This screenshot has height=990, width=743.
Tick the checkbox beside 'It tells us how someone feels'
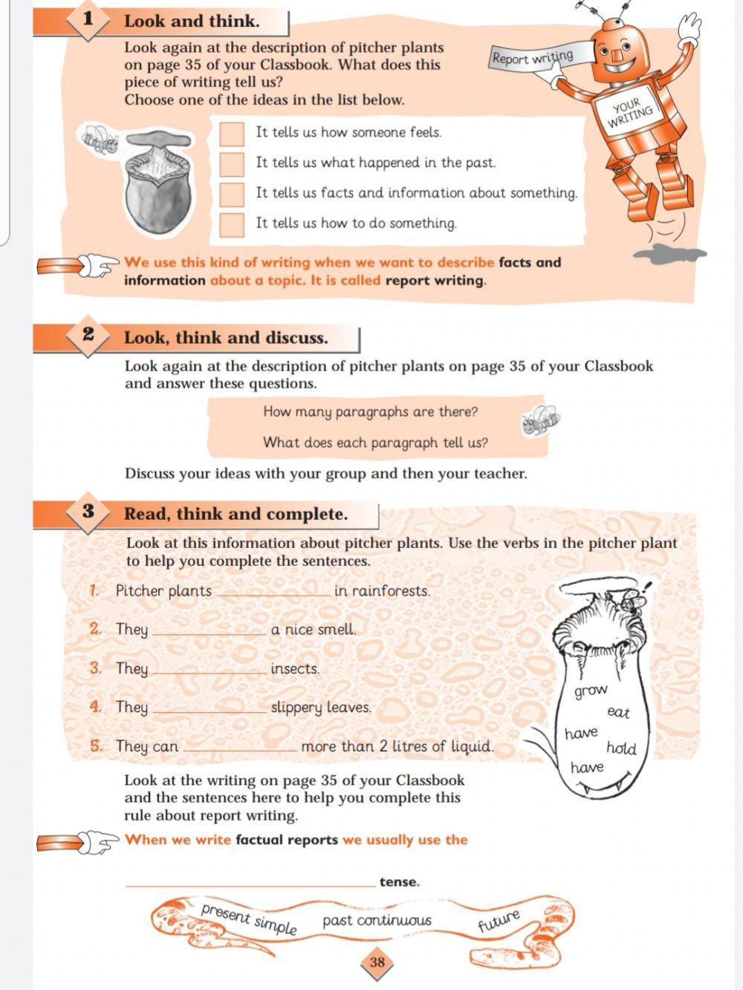[x=232, y=134]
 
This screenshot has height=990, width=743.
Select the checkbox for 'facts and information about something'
[x=232, y=194]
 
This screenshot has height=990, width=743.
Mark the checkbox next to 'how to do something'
[x=232, y=224]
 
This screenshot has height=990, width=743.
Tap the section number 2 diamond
[x=88, y=336]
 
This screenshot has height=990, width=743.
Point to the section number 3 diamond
[x=88, y=512]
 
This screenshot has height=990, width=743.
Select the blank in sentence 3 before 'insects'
[x=210, y=671]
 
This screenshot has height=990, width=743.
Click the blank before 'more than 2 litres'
[x=241, y=749]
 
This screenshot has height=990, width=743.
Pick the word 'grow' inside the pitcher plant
[x=591, y=691]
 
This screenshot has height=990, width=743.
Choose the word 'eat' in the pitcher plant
[x=618, y=712]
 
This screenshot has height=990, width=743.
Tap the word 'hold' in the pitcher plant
[x=621, y=748]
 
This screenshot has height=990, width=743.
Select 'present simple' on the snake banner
[x=249, y=919]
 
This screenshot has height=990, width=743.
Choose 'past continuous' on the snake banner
[x=377, y=921]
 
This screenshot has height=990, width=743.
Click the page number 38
[x=377, y=963]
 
